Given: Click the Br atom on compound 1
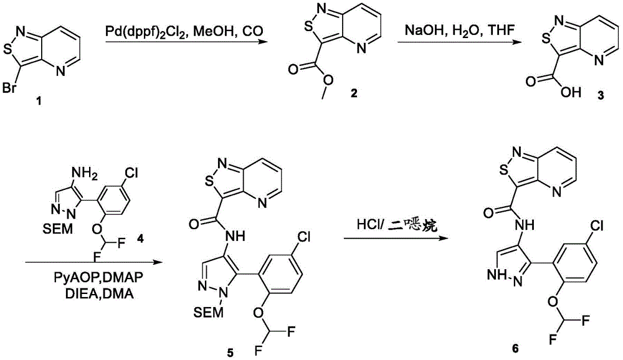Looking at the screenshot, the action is click(x=9, y=88).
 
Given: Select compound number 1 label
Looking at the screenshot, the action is click(x=39, y=102).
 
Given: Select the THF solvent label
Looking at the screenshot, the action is click(x=501, y=30).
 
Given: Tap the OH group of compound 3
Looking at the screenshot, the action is click(x=571, y=92).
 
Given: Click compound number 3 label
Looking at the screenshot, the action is click(x=601, y=95).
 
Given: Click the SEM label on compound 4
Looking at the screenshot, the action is click(x=59, y=228).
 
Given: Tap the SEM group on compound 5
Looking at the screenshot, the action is click(x=209, y=312).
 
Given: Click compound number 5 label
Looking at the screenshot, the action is click(x=230, y=352).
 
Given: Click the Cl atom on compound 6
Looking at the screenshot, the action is click(x=596, y=226).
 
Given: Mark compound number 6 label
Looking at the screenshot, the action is click(x=515, y=348).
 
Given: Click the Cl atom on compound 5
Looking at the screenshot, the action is click(x=304, y=237).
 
